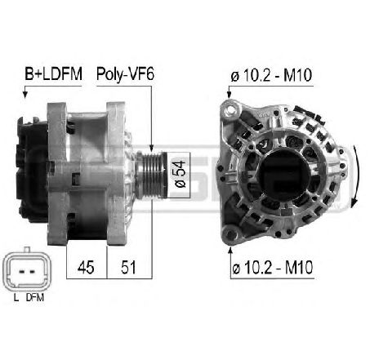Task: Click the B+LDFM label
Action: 53,73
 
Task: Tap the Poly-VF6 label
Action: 125,74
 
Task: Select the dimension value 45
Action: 86,267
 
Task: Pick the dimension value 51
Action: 128,267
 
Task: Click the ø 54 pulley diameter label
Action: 180,174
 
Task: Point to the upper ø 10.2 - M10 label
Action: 271,75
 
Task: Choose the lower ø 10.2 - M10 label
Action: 273,268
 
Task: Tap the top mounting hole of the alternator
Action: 231,109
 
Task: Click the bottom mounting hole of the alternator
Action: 230,234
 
